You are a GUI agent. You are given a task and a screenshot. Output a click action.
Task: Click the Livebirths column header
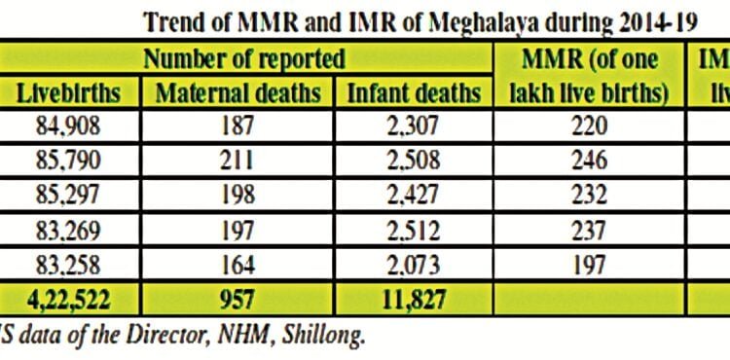68,93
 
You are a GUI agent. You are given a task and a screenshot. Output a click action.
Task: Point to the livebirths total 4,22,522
68,298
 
